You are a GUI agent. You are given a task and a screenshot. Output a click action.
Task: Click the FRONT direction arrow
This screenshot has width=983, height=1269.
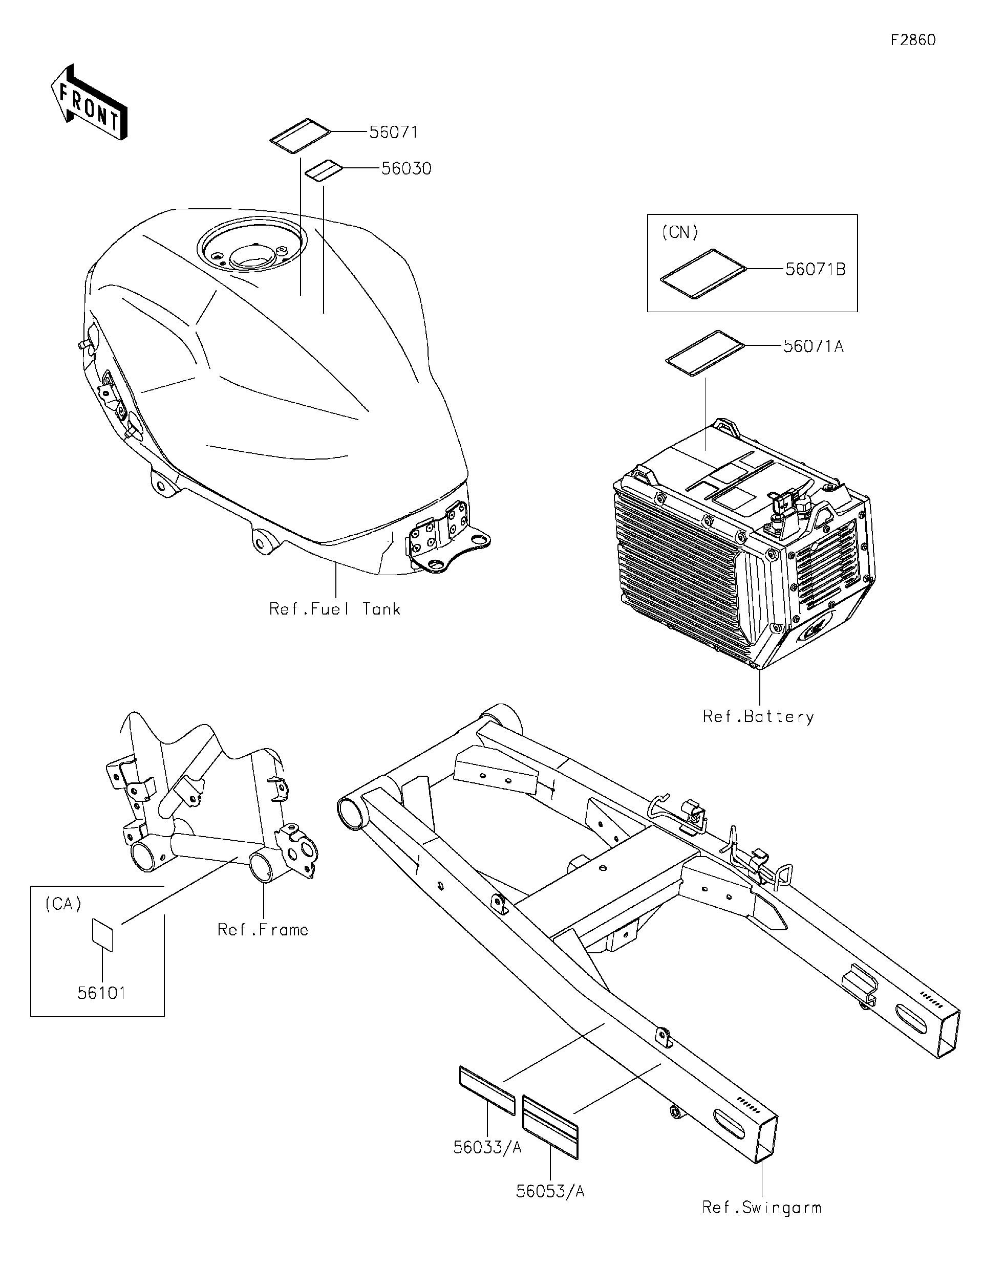click(x=89, y=103)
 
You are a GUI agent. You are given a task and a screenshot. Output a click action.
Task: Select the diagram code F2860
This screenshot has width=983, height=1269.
click(x=913, y=40)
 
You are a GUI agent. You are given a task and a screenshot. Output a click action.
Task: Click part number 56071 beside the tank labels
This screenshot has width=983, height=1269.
click(x=394, y=133)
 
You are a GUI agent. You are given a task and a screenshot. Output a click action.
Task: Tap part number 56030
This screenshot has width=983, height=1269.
click(x=407, y=168)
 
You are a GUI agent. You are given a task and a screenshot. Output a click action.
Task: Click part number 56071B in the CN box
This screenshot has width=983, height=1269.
click(x=815, y=270)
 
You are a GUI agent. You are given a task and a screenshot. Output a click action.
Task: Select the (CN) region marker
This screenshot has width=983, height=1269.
click(x=679, y=232)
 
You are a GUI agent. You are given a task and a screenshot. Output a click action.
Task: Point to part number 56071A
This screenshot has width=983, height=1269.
click(x=813, y=346)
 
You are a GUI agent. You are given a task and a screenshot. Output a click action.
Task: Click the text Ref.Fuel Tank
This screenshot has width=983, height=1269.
click(x=335, y=609)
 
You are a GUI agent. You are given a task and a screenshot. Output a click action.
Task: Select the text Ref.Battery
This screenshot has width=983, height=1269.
click(x=758, y=717)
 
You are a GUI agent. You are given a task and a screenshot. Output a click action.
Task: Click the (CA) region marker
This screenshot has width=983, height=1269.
click(x=63, y=905)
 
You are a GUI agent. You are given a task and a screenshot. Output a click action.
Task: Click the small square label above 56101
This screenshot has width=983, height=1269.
click(x=102, y=934)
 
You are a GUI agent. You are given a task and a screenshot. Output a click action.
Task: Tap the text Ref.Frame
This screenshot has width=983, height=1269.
click(x=263, y=930)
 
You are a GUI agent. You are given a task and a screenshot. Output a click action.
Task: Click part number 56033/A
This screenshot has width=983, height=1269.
click(x=487, y=1148)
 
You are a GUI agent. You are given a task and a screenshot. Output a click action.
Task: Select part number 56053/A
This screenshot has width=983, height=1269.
click(x=550, y=1192)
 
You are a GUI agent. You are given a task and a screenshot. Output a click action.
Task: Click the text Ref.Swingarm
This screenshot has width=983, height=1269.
click(x=761, y=1208)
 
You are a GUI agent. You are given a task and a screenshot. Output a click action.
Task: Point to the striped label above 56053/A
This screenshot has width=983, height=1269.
click(x=550, y=1127)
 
